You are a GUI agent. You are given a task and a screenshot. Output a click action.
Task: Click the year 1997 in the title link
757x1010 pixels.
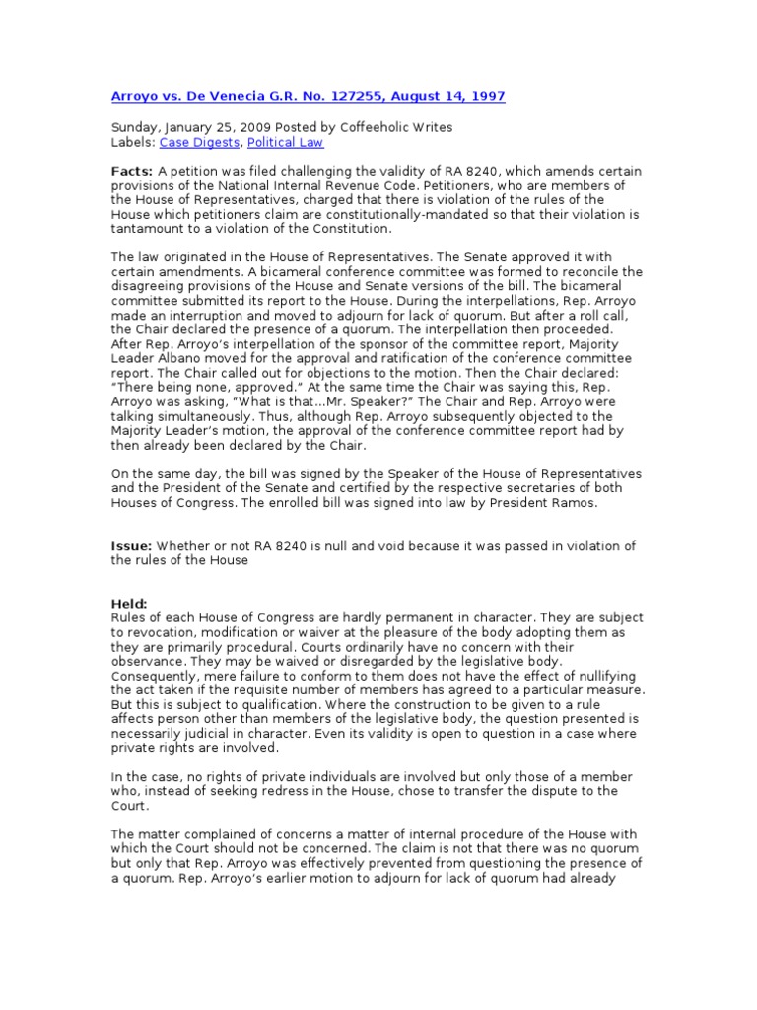click(488, 96)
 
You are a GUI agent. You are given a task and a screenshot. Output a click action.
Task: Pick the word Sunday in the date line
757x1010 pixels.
click(136, 128)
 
